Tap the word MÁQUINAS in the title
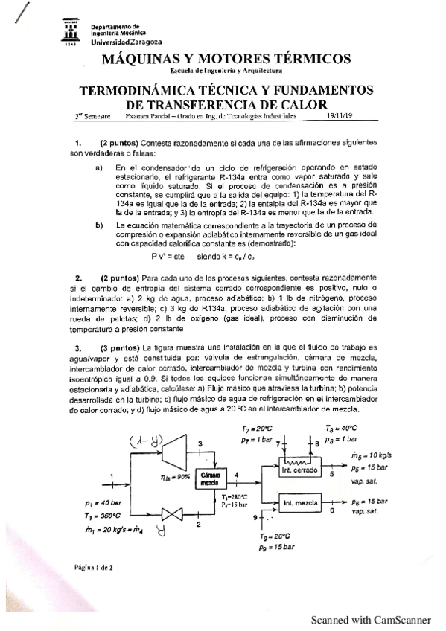(x=153, y=59)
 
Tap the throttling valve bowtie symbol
(x=173, y=513)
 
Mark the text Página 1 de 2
(x=93, y=567)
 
